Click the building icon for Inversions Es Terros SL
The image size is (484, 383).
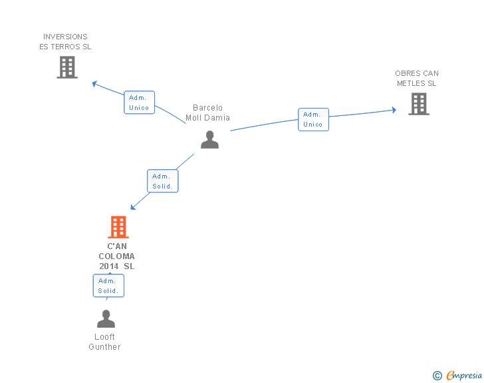tap(67, 67)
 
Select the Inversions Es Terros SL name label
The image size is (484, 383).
tap(65, 42)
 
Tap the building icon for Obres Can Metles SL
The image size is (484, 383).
tap(418, 104)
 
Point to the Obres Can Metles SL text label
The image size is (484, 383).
tap(417, 79)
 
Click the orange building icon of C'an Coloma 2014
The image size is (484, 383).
tap(118, 227)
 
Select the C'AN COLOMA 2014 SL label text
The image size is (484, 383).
tap(116, 256)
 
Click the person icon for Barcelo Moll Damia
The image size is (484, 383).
tap(209, 140)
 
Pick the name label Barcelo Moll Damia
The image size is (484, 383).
tap(207, 113)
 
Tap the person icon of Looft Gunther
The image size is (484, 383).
tap(106, 319)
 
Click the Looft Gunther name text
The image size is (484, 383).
tap(104, 342)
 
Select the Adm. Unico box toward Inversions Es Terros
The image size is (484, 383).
tap(139, 103)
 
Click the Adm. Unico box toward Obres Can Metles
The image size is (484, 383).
tap(313, 119)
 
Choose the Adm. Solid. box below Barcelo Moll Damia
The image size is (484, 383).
tap(162, 181)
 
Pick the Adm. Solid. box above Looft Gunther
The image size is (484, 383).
tap(108, 286)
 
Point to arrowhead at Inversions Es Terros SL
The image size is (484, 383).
tap(94, 84)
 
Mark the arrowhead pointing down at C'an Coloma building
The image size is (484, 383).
tap(133, 206)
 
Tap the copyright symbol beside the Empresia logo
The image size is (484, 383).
tap(437, 376)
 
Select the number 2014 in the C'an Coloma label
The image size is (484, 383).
tap(109, 266)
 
